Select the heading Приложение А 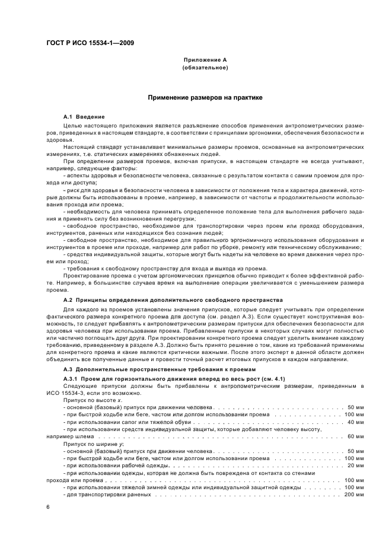click(x=205, y=60)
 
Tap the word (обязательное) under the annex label click(x=205, y=68)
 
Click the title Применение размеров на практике click(x=205, y=97)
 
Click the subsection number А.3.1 click(x=71, y=378)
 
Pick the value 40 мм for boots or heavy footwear click(x=355, y=422)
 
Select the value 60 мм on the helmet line click(x=355, y=436)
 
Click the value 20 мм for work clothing click(x=355, y=465)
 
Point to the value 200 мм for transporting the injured click(x=353, y=494)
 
